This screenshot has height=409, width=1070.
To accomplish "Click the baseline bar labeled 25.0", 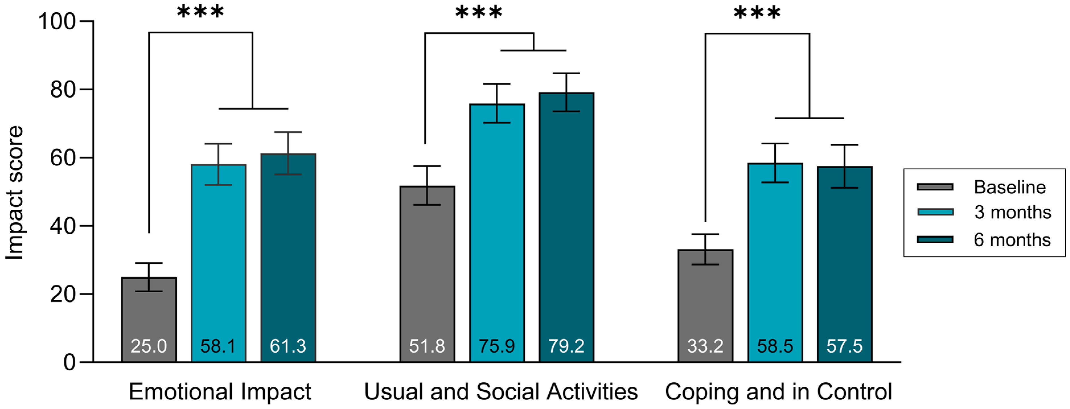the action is click(149, 320).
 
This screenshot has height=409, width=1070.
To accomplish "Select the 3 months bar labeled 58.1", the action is click(219, 264).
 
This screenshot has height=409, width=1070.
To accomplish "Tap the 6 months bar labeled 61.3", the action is click(288, 258).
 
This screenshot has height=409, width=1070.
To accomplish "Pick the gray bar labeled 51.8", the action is click(427, 274).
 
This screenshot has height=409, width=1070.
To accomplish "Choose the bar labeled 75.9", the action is click(497, 233).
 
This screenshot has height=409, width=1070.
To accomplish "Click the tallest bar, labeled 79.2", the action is click(567, 227).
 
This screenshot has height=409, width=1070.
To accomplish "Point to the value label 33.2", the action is click(705, 346).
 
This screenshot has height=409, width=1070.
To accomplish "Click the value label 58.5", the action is click(775, 346).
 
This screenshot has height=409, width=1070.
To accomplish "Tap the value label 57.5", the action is click(844, 346).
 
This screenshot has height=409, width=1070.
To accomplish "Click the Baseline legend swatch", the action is click(935, 187).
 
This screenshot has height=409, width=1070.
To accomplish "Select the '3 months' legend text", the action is click(1013, 212).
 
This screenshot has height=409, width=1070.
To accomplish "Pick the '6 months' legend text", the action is click(1012, 240).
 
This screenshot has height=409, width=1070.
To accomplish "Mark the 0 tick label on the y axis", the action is click(70, 362).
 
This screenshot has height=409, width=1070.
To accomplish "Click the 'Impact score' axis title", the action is click(14, 193).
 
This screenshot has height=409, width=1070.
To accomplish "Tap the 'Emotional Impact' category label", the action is click(220, 392).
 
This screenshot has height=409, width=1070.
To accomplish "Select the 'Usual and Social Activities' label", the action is click(501, 392).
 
